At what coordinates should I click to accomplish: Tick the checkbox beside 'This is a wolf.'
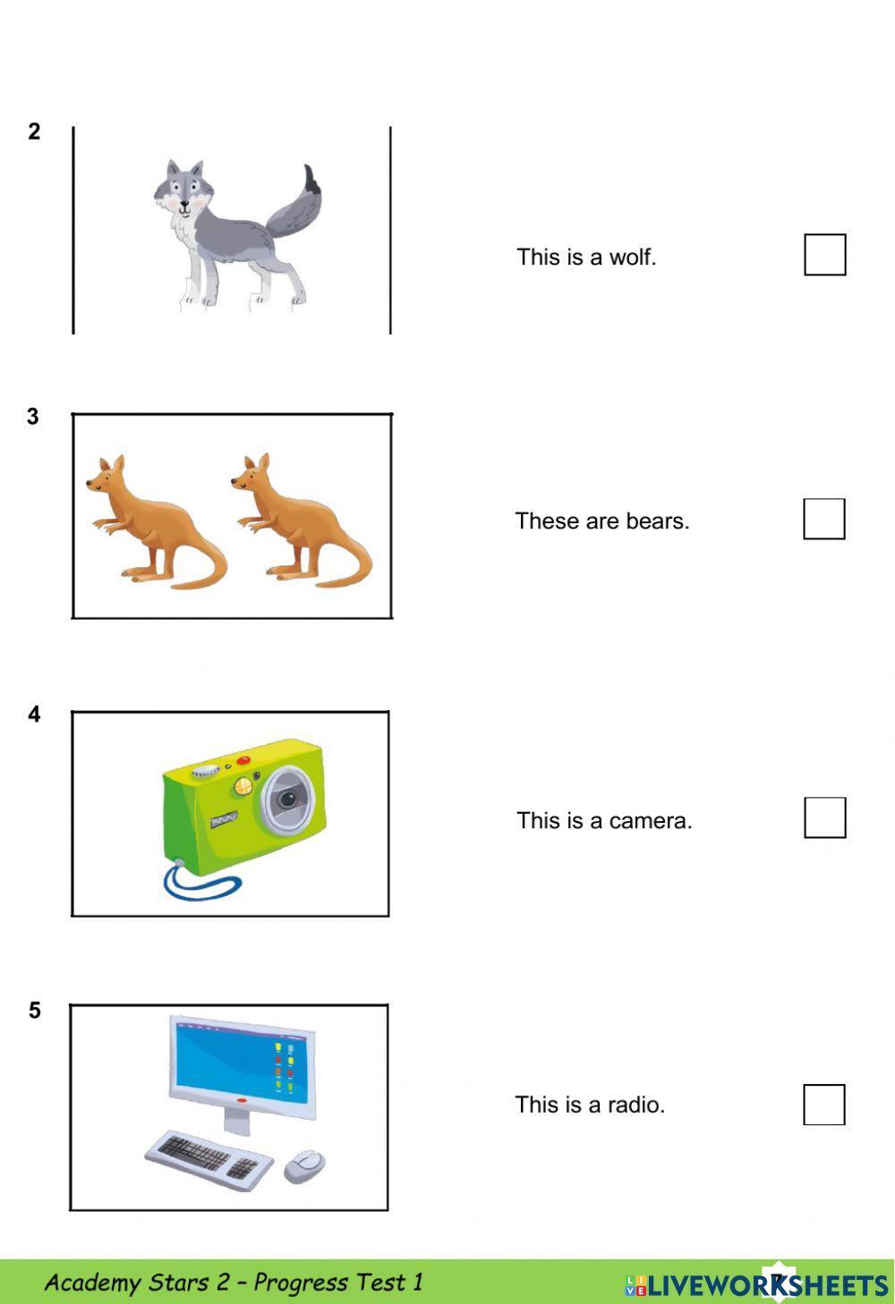pyautogui.click(x=824, y=255)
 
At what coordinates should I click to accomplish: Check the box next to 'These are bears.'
pyautogui.click(x=823, y=519)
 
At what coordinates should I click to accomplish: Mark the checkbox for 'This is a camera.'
pyautogui.click(x=824, y=817)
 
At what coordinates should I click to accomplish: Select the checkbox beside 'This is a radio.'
pyautogui.click(x=823, y=1105)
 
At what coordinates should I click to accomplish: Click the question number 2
pyautogui.click(x=34, y=131)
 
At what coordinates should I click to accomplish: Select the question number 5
pyautogui.click(x=34, y=1011)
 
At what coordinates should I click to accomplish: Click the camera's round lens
pyautogui.click(x=286, y=798)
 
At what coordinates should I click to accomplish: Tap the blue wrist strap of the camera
pyautogui.click(x=201, y=883)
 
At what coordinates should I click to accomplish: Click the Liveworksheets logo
pyautogui.click(x=756, y=1285)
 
